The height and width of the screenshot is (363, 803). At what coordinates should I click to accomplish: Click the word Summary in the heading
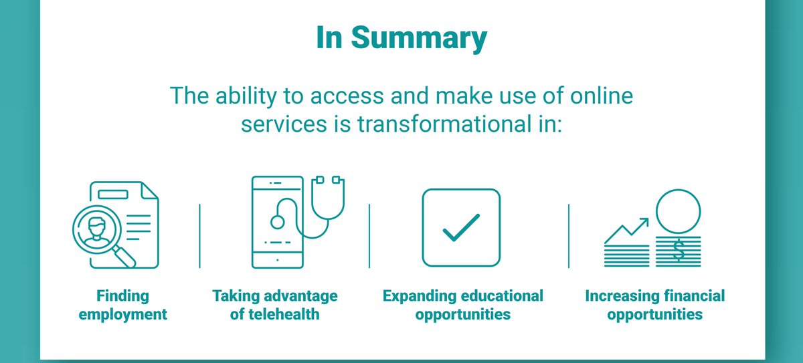click(419, 39)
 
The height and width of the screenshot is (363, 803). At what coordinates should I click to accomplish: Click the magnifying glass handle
click(124, 257)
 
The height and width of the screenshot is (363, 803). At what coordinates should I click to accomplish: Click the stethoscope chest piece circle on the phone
click(278, 222)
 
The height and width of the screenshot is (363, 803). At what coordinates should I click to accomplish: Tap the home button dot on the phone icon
click(278, 260)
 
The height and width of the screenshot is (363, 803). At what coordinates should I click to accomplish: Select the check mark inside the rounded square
click(461, 228)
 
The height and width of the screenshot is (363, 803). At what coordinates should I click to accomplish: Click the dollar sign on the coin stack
click(679, 250)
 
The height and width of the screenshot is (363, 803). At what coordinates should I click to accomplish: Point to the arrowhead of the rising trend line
click(644, 222)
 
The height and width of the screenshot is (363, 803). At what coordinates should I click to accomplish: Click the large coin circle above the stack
click(679, 211)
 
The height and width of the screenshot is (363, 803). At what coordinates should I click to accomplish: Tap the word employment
click(123, 315)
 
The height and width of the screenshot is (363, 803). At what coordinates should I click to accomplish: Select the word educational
click(503, 296)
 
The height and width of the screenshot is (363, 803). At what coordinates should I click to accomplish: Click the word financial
click(695, 296)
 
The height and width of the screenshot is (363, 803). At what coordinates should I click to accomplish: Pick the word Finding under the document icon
click(122, 296)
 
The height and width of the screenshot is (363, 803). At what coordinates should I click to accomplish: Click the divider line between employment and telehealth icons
click(199, 236)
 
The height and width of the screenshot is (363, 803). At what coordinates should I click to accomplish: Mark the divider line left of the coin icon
click(569, 236)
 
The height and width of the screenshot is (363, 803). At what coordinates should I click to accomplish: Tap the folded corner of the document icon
click(149, 191)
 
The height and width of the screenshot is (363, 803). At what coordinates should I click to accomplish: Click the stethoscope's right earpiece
click(336, 179)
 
